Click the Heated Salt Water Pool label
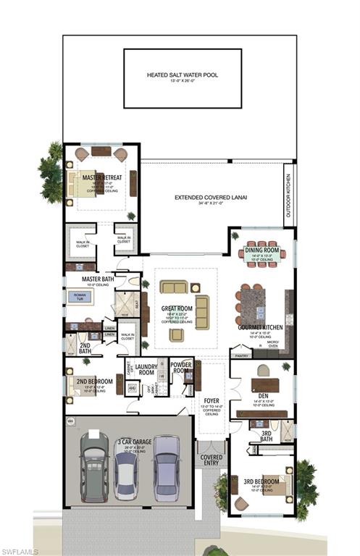[x=182, y=75]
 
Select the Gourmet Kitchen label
[x=260, y=327]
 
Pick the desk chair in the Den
[x=263, y=370]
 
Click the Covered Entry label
[x=212, y=460]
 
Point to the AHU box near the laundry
[x=132, y=387]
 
